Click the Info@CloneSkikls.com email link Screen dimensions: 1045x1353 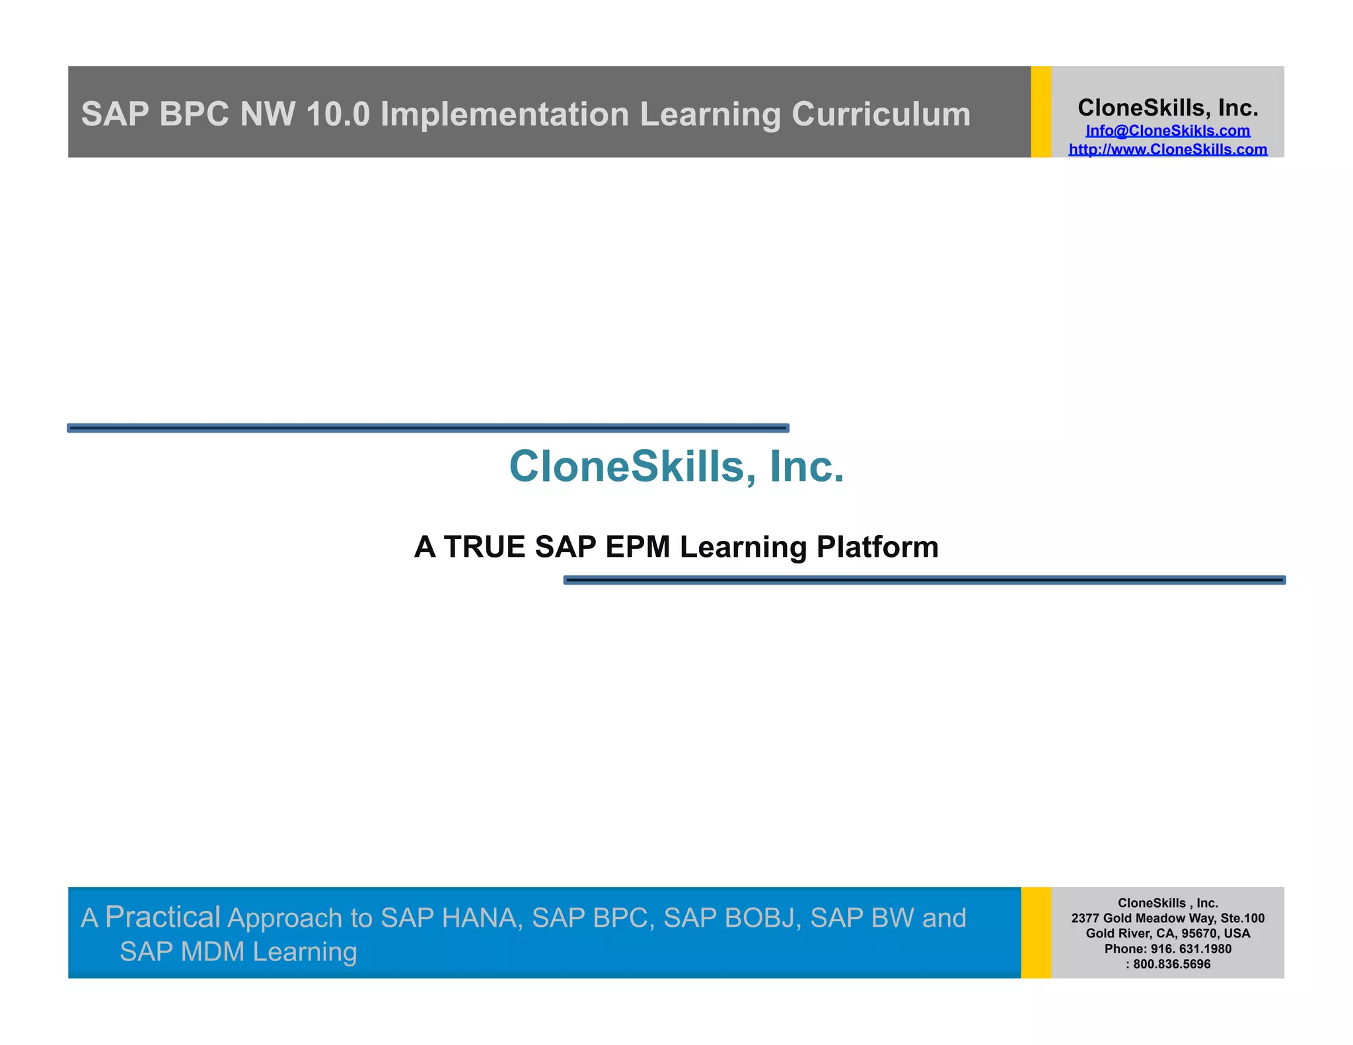coord(1167,131)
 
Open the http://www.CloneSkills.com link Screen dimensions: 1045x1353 coord(1167,149)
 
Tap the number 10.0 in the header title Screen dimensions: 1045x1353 coord(338,114)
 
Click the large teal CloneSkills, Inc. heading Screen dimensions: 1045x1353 coord(676,466)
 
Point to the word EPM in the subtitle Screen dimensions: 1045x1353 coord(638,547)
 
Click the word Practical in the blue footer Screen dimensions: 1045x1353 coord(163,917)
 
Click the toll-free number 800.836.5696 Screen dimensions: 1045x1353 coord(1172,964)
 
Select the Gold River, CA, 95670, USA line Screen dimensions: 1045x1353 coord(1167,933)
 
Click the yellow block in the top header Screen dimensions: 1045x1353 coord(1041,112)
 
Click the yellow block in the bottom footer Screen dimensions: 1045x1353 coord(1036,933)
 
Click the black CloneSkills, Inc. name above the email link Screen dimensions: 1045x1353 coord(1167,108)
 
